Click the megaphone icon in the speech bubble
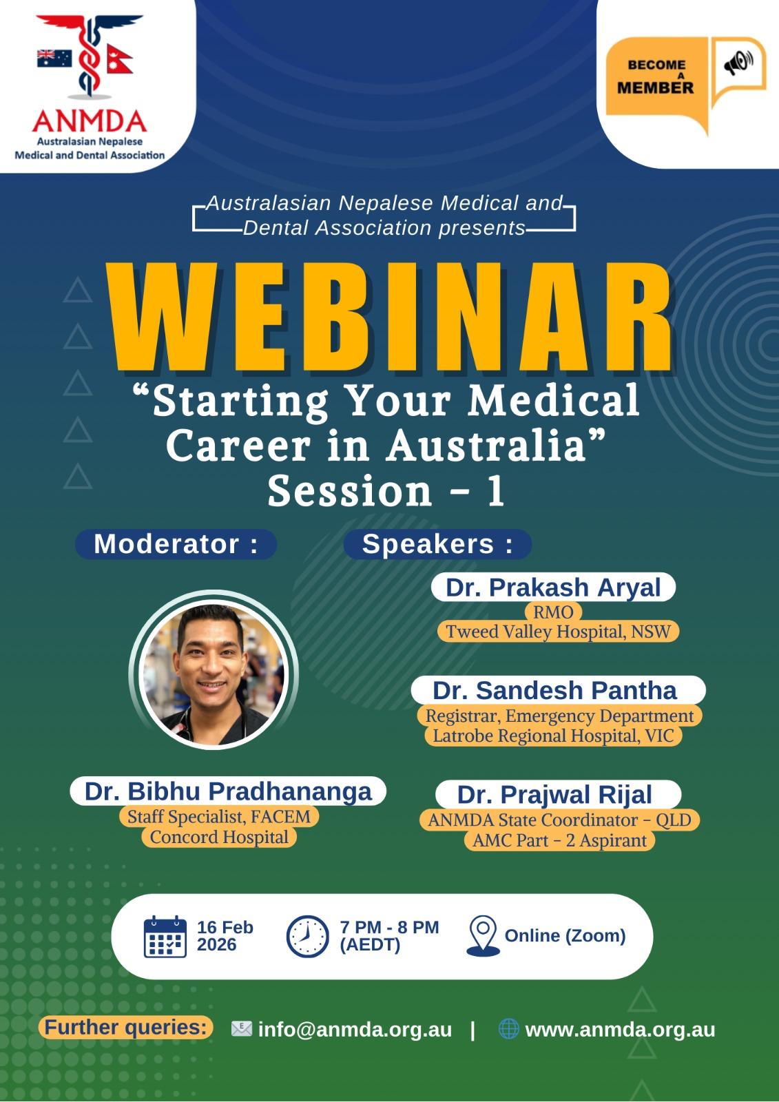[738, 63]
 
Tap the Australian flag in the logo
[54, 59]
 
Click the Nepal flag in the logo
[120, 59]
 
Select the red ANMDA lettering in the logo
[90, 121]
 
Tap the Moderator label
[176, 544]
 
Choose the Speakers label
[437, 544]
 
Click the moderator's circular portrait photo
[214, 672]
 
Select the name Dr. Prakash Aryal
[553, 588]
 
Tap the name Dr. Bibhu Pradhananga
[229, 791]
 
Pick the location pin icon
[483, 936]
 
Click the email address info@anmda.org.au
[355, 1030]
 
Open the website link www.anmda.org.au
[620, 1030]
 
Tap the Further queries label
[126, 1027]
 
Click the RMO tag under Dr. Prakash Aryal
[553, 612]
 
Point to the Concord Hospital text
[219, 837]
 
